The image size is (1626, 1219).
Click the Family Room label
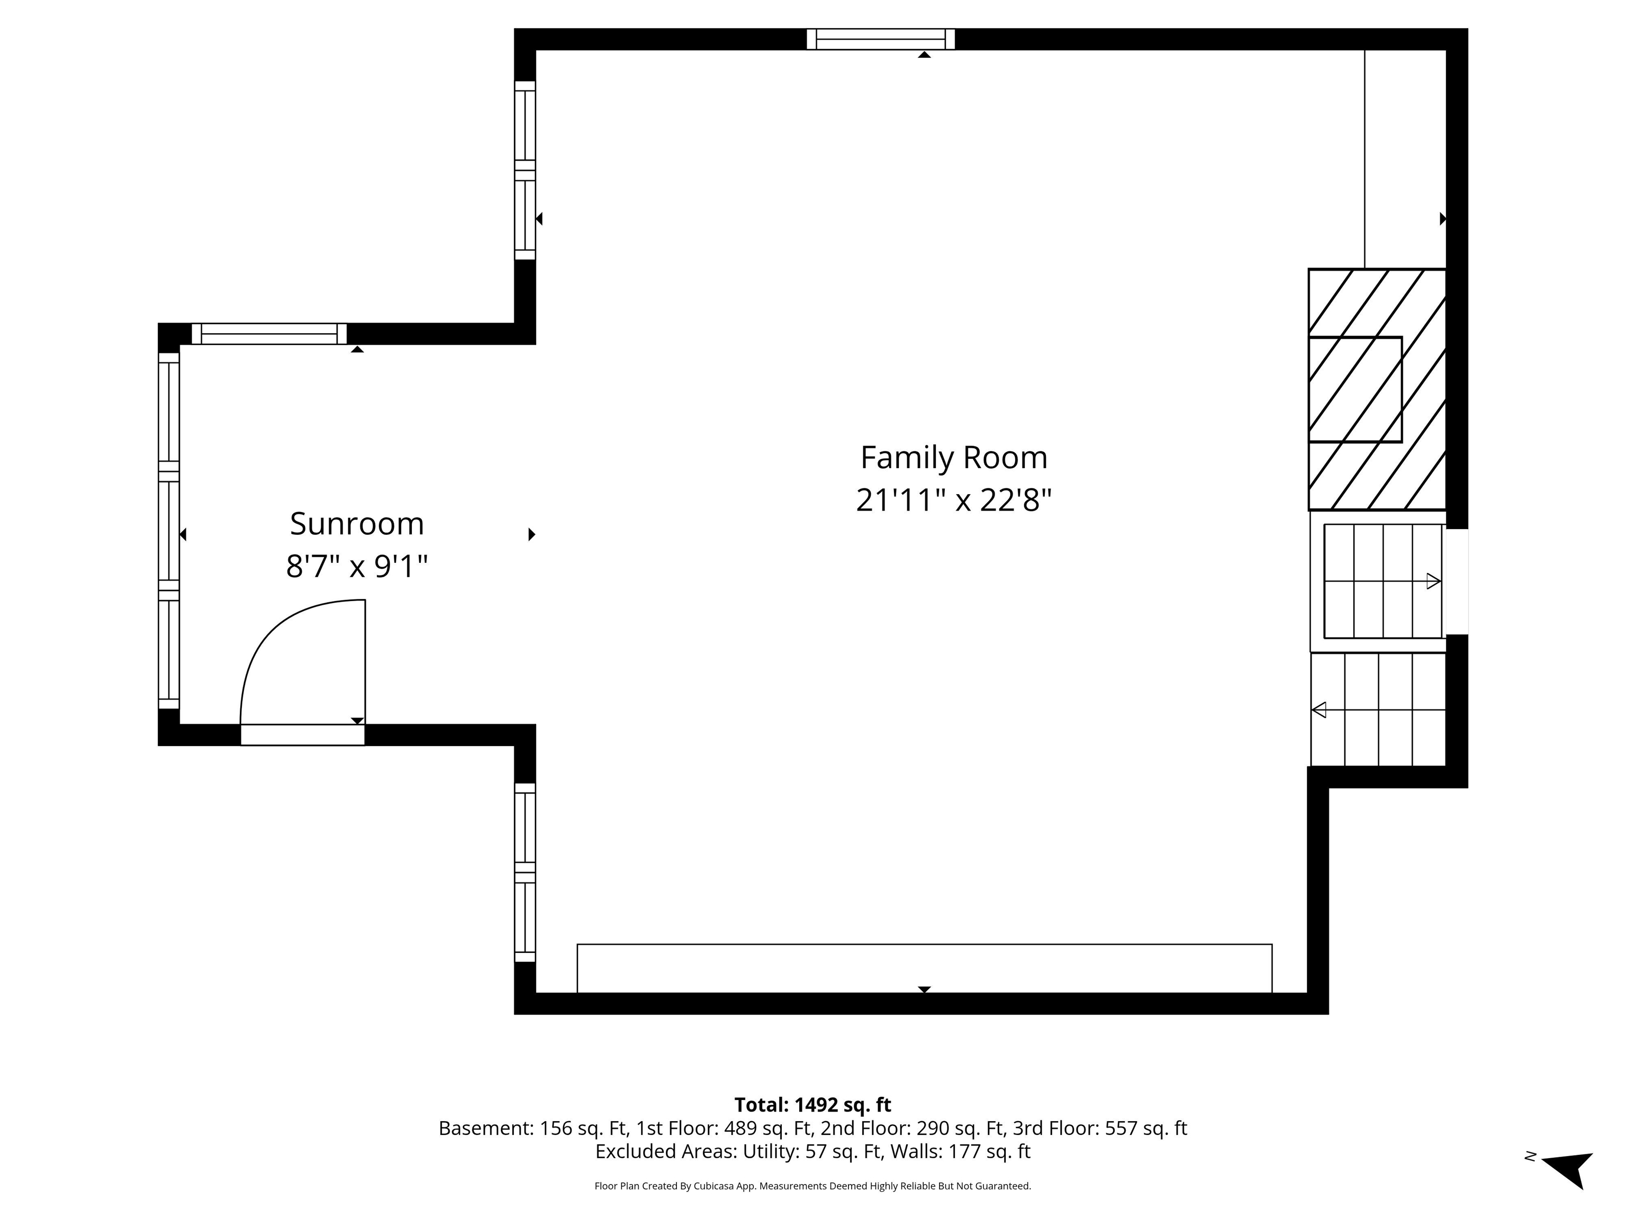coord(953,458)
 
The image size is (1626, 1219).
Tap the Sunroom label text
coord(357,524)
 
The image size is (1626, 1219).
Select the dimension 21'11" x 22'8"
coord(953,501)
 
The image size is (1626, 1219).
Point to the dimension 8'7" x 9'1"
coord(357,567)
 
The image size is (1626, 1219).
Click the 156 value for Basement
coord(556,1128)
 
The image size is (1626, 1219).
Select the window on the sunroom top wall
coord(269,334)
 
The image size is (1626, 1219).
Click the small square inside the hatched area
coord(1355,389)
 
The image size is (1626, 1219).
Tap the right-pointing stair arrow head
coord(1433,581)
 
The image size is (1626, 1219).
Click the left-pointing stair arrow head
coord(1320,710)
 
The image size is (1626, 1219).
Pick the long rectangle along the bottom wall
coord(924,968)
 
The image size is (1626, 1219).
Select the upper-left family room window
coord(525,170)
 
